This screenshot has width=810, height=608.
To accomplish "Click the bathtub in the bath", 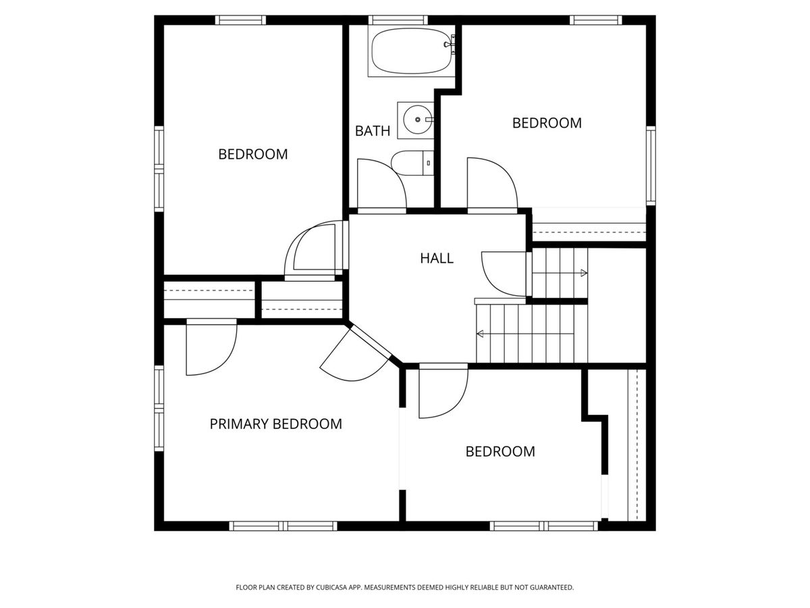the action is (x=411, y=51).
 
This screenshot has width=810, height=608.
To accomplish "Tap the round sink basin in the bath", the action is (x=417, y=120).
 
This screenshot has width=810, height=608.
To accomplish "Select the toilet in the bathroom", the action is (x=412, y=163).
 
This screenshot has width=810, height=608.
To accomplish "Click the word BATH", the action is (x=373, y=131).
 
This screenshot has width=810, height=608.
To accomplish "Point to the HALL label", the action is (x=437, y=258).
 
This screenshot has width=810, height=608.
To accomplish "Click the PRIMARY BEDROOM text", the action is (x=275, y=424).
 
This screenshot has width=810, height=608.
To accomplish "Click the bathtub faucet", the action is (x=450, y=45).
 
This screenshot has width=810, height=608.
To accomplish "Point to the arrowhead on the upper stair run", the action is (x=584, y=273).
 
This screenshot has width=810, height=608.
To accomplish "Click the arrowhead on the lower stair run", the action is (x=480, y=334).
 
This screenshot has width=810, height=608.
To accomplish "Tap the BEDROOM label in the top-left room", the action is (x=252, y=154).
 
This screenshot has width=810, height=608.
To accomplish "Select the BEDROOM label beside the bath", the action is (x=547, y=123).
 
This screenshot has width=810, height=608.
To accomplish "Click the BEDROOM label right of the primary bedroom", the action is (x=500, y=451).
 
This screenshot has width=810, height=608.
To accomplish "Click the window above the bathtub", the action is (x=398, y=20).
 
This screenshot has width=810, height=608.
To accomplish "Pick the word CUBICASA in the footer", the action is (x=331, y=587).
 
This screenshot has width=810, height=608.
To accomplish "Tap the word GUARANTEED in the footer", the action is (x=551, y=587).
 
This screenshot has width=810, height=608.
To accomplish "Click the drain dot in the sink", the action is (x=417, y=120).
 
